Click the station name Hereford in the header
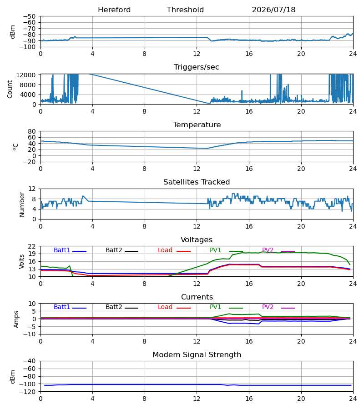coord(114,10)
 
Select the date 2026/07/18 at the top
coord(273,10)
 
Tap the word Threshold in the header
coord(185,10)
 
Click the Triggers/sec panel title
coord(197,67)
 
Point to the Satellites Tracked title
coord(197,182)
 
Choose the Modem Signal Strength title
coord(197,355)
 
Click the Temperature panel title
coord(197,125)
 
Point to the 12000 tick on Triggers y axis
coord(26,75)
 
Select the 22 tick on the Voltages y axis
coord(31,246)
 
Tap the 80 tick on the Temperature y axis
coord(31,131)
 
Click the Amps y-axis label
coord(16,319)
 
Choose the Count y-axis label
coord(10,89)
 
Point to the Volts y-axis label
coord(21,261)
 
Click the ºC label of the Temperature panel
coord(15,147)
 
